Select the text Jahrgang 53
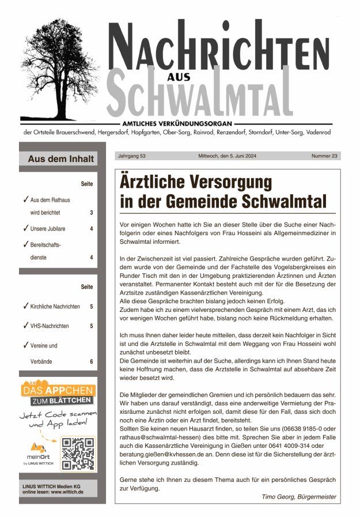[131, 156]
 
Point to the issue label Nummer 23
[324, 156]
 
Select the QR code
[78, 454]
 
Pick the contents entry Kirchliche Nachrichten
[55, 307]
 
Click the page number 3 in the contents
[91, 213]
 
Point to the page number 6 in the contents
[91, 361]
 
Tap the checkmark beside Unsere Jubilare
[26, 228]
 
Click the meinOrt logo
[37, 452]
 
